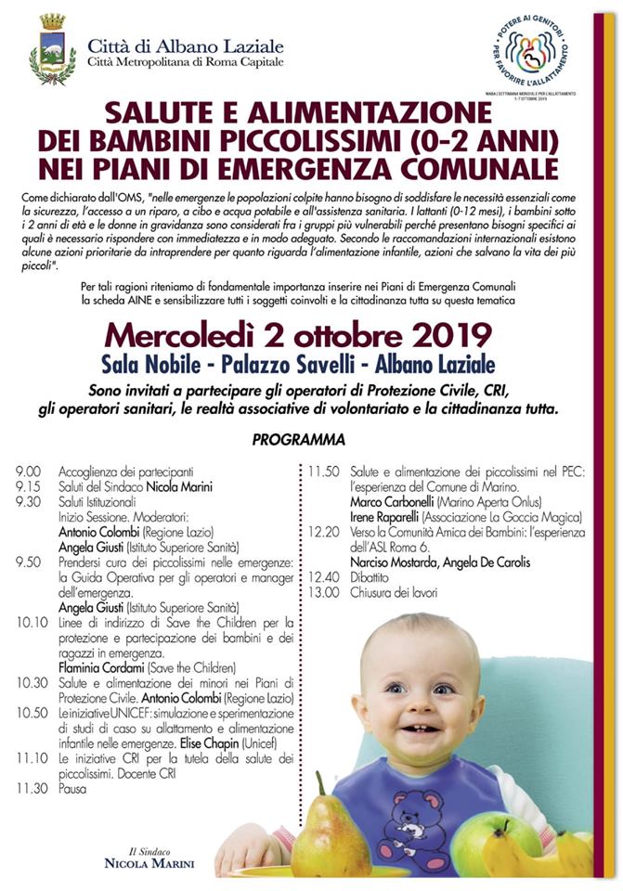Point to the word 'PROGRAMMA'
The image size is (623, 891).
[x=298, y=439]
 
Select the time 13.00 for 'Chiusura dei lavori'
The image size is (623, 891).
[x=323, y=591]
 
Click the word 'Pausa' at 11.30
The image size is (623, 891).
[x=71, y=790]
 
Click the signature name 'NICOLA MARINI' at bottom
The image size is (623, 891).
[x=150, y=864]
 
